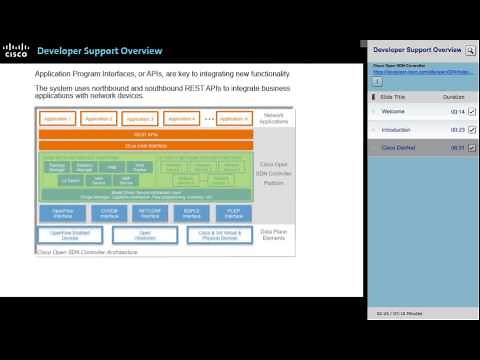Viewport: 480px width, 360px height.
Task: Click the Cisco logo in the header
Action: (15, 51)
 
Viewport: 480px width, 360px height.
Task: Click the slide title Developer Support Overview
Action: (99, 51)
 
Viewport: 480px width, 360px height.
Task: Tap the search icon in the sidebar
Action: (471, 49)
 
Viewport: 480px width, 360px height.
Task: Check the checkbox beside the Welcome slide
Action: (471, 112)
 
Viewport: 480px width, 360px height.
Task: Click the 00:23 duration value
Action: (457, 130)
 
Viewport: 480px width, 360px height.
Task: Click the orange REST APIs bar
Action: (146, 133)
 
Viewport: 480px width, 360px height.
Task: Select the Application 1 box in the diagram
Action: (58, 118)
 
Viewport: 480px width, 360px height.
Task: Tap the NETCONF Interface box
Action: (149, 212)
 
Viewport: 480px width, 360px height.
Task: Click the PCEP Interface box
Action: (233, 212)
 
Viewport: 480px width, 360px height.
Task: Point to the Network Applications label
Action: (276, 118)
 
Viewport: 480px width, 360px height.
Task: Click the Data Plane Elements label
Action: (276, 235)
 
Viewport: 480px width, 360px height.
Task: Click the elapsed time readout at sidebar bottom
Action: (400, 313)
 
